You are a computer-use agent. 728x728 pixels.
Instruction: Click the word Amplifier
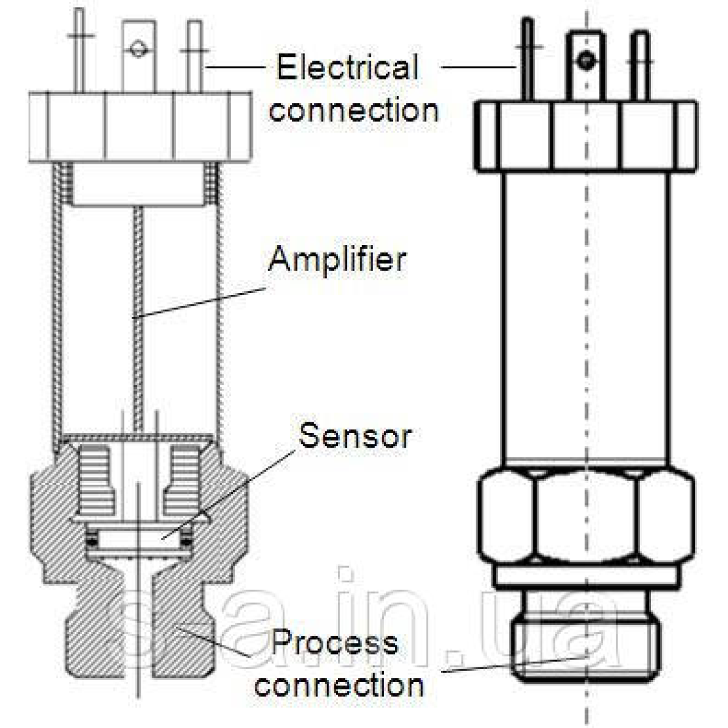pyautogui.click(x=337, y=259)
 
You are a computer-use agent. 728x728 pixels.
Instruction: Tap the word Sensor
pyautogui.click(x=355, y=435)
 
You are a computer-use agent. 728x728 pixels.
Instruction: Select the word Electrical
pyautogui.click(x=348, y=67)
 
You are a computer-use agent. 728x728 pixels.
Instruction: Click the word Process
pyautogui.click(x=334, y=642)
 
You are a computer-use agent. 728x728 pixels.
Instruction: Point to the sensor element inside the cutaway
pyautogui.click(x=138, y=538)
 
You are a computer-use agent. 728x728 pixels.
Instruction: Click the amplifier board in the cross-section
pyautogui.click(x=138, y=315)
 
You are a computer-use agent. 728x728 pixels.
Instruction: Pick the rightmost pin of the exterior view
pyautogui.click(x=641, y=67)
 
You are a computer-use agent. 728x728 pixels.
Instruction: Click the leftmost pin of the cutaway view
pyautogui.click(x=79, y=52)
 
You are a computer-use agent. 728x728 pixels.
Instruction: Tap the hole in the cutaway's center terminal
pyautogui.click(x=139, y=49)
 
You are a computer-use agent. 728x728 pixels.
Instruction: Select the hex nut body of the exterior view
pyautogui.click(x=585, y=516)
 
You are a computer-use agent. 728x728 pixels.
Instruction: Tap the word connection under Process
pyautogui.click(x=339, y=685)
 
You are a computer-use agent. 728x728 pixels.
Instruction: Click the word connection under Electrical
pyautogui.click(x=354, y=110)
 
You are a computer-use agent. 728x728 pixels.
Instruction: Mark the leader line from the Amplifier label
pyautogui.click(x=200, y=302)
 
